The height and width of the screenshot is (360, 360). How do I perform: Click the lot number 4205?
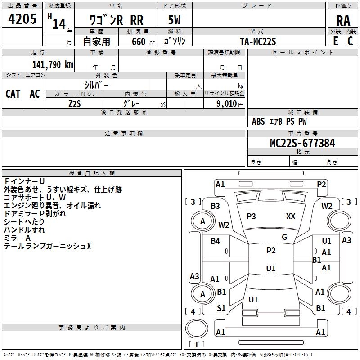22,20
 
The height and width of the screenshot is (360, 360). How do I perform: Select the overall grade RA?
343,21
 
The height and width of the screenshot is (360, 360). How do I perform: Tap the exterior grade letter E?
335,40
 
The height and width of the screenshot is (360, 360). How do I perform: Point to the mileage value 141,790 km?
52,64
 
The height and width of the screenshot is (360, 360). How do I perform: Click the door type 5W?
174,21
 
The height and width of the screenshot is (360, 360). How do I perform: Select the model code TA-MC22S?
258,41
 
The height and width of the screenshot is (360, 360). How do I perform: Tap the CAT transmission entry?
13,94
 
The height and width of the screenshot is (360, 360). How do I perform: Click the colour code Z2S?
74,103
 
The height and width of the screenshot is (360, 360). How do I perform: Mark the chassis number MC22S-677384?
302,143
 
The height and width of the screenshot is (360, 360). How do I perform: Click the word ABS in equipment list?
258,121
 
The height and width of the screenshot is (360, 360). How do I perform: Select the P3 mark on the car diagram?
251,216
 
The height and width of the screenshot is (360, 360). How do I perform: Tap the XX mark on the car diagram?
291,216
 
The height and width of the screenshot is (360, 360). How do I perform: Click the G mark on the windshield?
284,237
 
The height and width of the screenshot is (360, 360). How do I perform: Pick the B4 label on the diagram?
215,241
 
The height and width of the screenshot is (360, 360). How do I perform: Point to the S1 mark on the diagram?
221,308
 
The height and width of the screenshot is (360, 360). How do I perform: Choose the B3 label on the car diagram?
215,206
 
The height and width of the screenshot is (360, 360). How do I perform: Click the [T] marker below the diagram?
197,345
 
